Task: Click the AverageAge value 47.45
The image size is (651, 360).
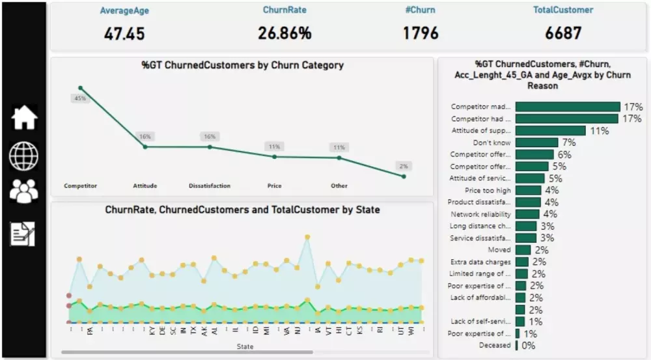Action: click(x=124, y=33)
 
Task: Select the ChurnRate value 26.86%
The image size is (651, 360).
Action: click(x=284, y=33)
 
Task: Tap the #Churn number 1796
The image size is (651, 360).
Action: click(x=420, y=33)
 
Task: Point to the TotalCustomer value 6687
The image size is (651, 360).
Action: click(x=563, y=33)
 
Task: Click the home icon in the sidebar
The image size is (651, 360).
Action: click(x=24, y=118)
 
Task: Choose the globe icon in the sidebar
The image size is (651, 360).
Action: click(x=24, y=156)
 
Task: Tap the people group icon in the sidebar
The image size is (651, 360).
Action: click(x=24, y=191)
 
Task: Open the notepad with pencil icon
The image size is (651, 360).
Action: click(x=23, y=233)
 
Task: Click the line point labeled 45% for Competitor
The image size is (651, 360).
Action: click(x=80, y=88)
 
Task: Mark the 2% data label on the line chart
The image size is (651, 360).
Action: click(x=404, y=166)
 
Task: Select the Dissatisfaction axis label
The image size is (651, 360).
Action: click(x=209, y=186)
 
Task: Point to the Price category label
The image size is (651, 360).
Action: click(x=274, y=186)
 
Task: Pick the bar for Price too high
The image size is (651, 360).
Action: click(x=528, y=190)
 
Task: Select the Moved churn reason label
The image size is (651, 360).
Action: click(x=500, y=249)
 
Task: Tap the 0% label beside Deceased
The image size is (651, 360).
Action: click(x=528, y=346)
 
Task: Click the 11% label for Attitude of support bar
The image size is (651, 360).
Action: click(x=599, y=131)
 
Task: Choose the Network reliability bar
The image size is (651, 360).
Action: click(x=527, y=214)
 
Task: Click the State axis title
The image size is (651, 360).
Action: click(x=245, y=346)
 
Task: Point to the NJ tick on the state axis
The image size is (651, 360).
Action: click(x=298, y=331)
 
